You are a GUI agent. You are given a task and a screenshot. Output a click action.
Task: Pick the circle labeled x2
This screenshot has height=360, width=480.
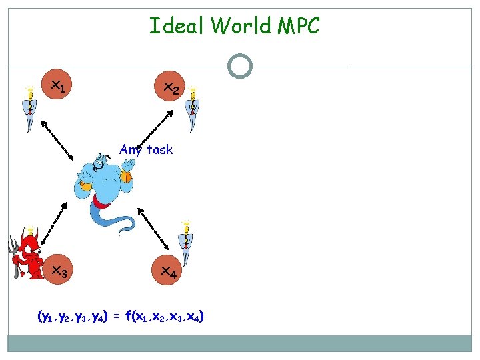(170, 87)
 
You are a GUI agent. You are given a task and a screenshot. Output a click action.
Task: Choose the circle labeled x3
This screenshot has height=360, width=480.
(59, 271)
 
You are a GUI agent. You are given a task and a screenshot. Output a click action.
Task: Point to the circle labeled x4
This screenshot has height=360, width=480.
(168, 271)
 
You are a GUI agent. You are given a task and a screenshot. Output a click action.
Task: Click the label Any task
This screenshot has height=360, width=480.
(146, 149)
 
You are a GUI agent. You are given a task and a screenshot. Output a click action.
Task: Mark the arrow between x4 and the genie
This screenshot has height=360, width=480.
(154, 227)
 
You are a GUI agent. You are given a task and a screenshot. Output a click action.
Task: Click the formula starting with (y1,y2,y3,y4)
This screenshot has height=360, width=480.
(121, 316)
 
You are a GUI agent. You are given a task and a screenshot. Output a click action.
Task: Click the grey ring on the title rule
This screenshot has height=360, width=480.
(239, 66)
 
